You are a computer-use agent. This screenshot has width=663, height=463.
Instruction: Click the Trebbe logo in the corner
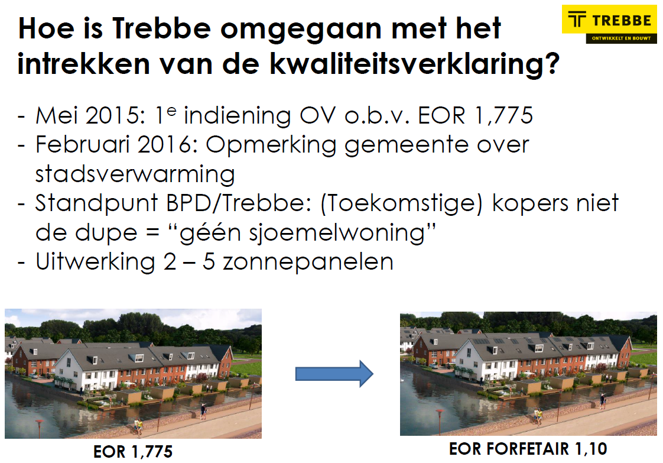(609, 24)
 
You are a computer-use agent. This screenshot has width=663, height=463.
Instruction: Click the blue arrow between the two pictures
(334, 374)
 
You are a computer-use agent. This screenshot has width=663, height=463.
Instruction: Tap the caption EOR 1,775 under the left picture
(133, 452)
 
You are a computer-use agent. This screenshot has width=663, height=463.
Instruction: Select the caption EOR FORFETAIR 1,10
(528, 449)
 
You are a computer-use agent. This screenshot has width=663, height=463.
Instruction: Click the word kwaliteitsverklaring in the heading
(414, 65)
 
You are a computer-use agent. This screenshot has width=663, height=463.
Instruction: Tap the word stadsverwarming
(135, 174)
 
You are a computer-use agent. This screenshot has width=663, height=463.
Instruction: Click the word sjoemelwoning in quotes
(303, 233)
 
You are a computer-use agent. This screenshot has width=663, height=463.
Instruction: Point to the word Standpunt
(96, 203)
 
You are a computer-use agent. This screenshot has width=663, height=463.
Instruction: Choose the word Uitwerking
(96, 263)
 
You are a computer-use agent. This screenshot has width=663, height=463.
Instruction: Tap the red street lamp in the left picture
(40, 428)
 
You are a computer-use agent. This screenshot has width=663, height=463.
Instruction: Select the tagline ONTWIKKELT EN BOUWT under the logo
(621, 38)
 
